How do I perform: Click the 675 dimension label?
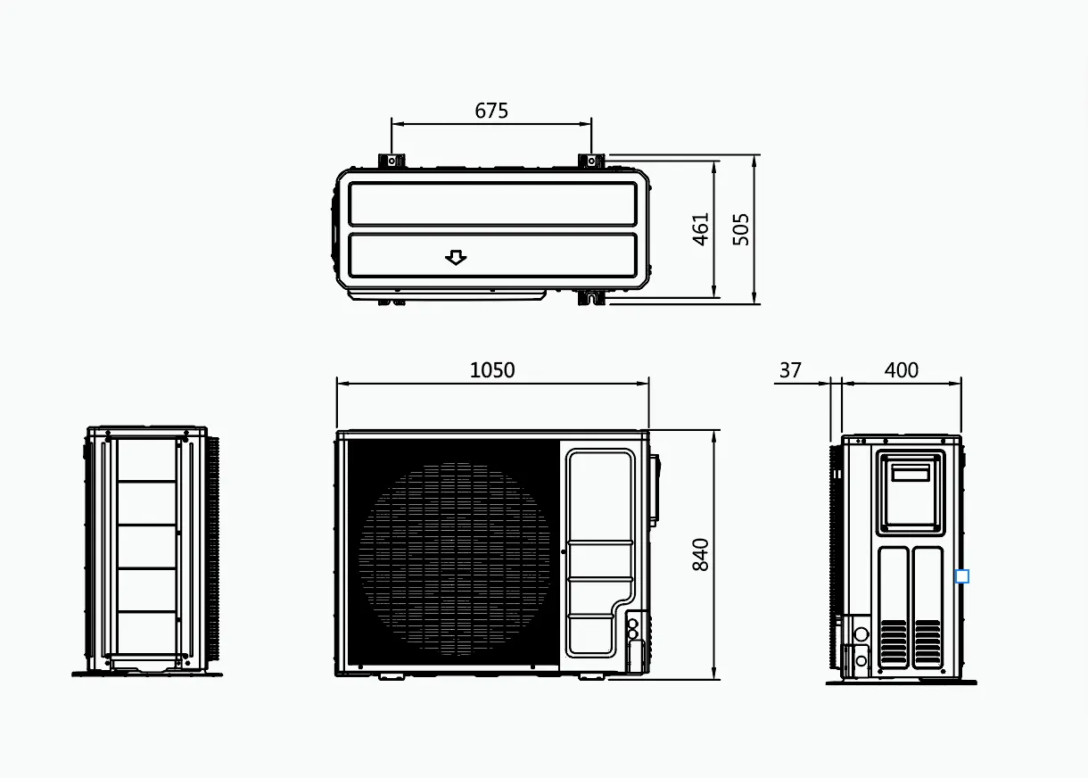(x=491, y=111)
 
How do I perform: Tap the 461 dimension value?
(x=700, y=229)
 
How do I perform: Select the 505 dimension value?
(x=741, y=229)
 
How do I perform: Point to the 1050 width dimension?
(x=492, y=370)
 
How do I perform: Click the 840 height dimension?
(x=700, y=554)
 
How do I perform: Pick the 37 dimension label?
(x=790, y=370)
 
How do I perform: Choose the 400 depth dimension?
(x=902, y=370)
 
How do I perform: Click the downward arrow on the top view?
(x=456, y=258)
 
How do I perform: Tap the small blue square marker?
(x=961, y=576)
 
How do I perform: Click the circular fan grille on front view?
(x=455, y=558)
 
